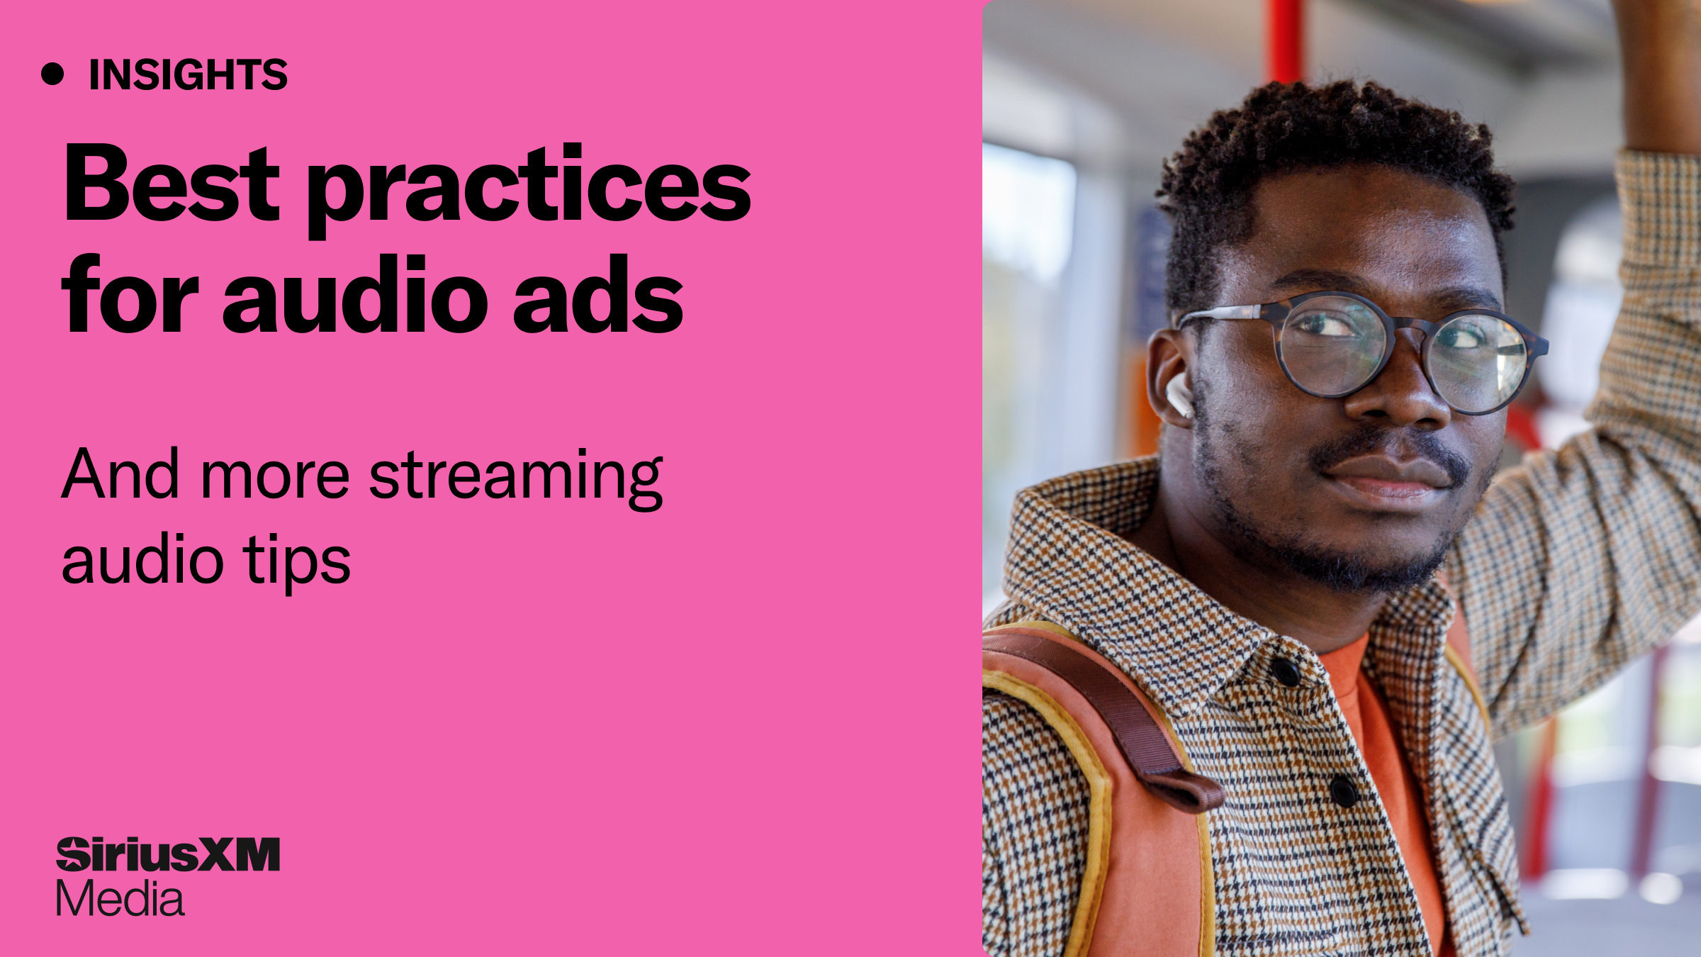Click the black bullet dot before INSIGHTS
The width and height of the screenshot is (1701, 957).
tap(52, 74)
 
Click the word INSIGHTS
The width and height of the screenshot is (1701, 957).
tap(188, 74)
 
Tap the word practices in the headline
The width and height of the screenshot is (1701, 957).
tap(529, 188)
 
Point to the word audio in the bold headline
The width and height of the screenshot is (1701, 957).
tap(355, 294)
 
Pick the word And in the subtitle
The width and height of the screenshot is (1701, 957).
tap(120, 474)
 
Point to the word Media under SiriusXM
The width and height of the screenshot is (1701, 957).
tap(120, 899)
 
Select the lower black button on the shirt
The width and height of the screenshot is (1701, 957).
tap(1344, 790)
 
